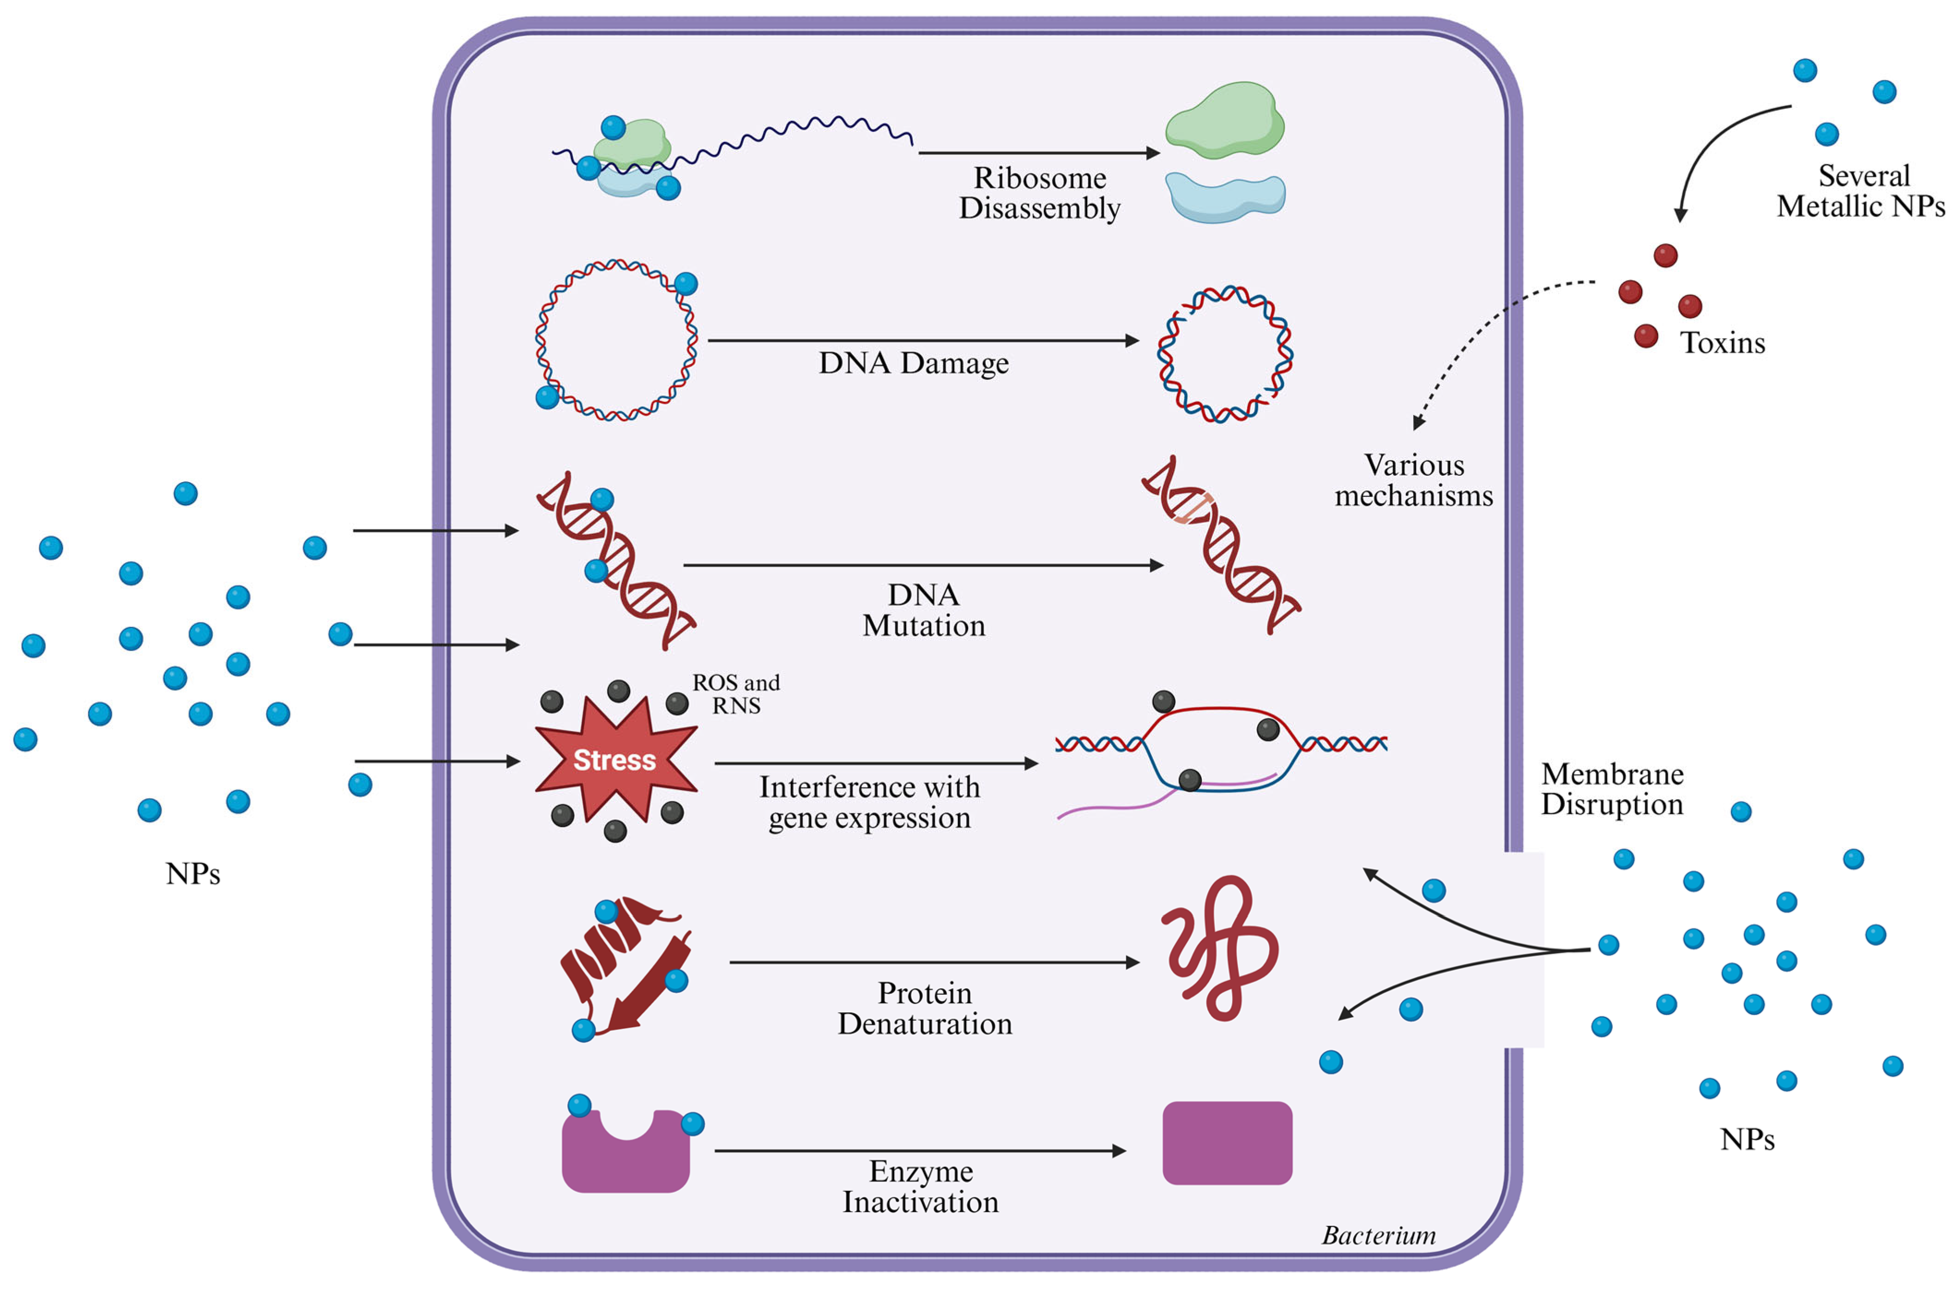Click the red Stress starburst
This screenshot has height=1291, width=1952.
615,759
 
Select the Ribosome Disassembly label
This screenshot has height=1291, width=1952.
1039,193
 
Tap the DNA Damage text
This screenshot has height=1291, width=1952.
913,363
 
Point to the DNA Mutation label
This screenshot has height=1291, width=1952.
923,610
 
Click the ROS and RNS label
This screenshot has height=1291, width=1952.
735,694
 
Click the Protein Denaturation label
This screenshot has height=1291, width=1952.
924,1009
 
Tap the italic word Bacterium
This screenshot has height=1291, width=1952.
1378,1236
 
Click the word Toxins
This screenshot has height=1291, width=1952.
1722,342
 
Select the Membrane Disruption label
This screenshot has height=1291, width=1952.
1612,789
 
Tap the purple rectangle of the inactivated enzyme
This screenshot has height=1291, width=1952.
1226,1143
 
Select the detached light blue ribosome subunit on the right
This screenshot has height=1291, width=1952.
1225,197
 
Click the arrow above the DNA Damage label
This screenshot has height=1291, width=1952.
922,340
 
